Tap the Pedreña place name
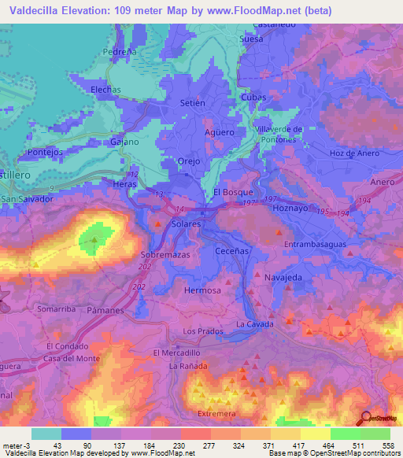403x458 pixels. pos(120,53)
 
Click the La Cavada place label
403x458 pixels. pos(254,324)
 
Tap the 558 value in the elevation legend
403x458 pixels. pos(389,445)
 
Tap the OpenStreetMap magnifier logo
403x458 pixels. pos(365,418)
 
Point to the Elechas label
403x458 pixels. pos(105,90)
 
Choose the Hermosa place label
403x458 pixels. pos(201,290)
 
